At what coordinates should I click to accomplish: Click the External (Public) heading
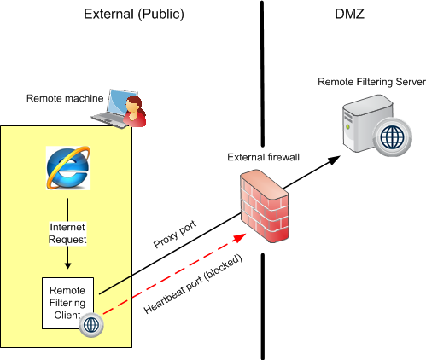134,15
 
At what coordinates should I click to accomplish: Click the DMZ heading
349,14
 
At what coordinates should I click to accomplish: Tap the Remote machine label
65,98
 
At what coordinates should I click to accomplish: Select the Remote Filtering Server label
371,82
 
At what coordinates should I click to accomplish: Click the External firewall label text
263,157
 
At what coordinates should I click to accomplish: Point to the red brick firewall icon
265,206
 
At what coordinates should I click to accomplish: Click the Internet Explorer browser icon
68,168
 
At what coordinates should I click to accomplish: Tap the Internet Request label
67,233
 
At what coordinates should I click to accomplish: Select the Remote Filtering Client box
67,303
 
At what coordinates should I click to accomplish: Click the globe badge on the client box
91,325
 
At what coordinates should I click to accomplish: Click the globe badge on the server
392,136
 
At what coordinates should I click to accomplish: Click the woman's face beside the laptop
132,105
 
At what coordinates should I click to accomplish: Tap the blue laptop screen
122,102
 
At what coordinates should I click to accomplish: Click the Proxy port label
175,234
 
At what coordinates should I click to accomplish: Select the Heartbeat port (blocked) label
193,284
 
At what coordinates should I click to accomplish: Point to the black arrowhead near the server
334,160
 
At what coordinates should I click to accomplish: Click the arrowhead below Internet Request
67,265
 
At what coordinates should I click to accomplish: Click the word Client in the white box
67,316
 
